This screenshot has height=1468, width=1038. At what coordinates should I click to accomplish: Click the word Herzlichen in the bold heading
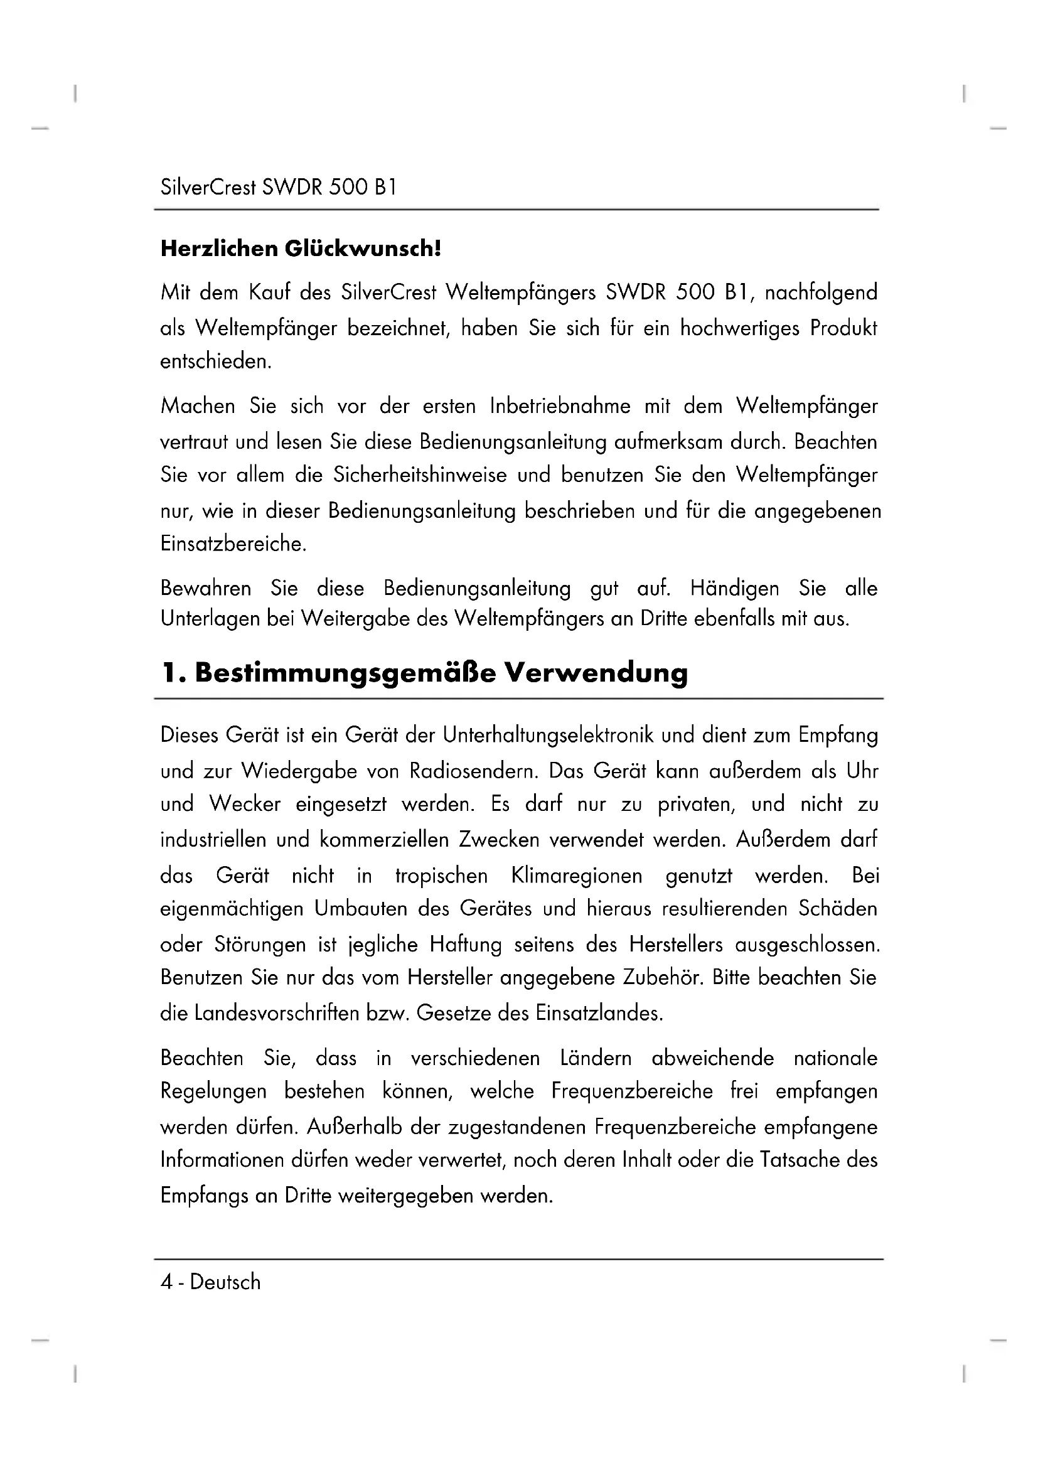coord(218,249)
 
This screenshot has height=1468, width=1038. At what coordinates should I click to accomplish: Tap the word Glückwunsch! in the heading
coord(363,249)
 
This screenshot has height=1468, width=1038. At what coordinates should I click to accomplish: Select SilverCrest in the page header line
coord(208,186)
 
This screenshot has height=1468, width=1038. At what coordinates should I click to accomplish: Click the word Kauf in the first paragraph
coord(270,293)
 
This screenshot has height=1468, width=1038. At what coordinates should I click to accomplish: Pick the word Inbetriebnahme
coord(560,406)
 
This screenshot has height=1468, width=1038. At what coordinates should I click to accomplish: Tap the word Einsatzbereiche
coord(233,544)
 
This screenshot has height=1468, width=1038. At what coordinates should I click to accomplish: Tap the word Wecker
coord(245,805)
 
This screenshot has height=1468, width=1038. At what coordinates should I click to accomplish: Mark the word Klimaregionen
coord(577,876)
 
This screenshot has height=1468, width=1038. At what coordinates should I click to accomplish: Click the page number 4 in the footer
coord(166,1282)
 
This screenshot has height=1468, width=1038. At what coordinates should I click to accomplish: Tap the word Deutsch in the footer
coord(225,1282)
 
